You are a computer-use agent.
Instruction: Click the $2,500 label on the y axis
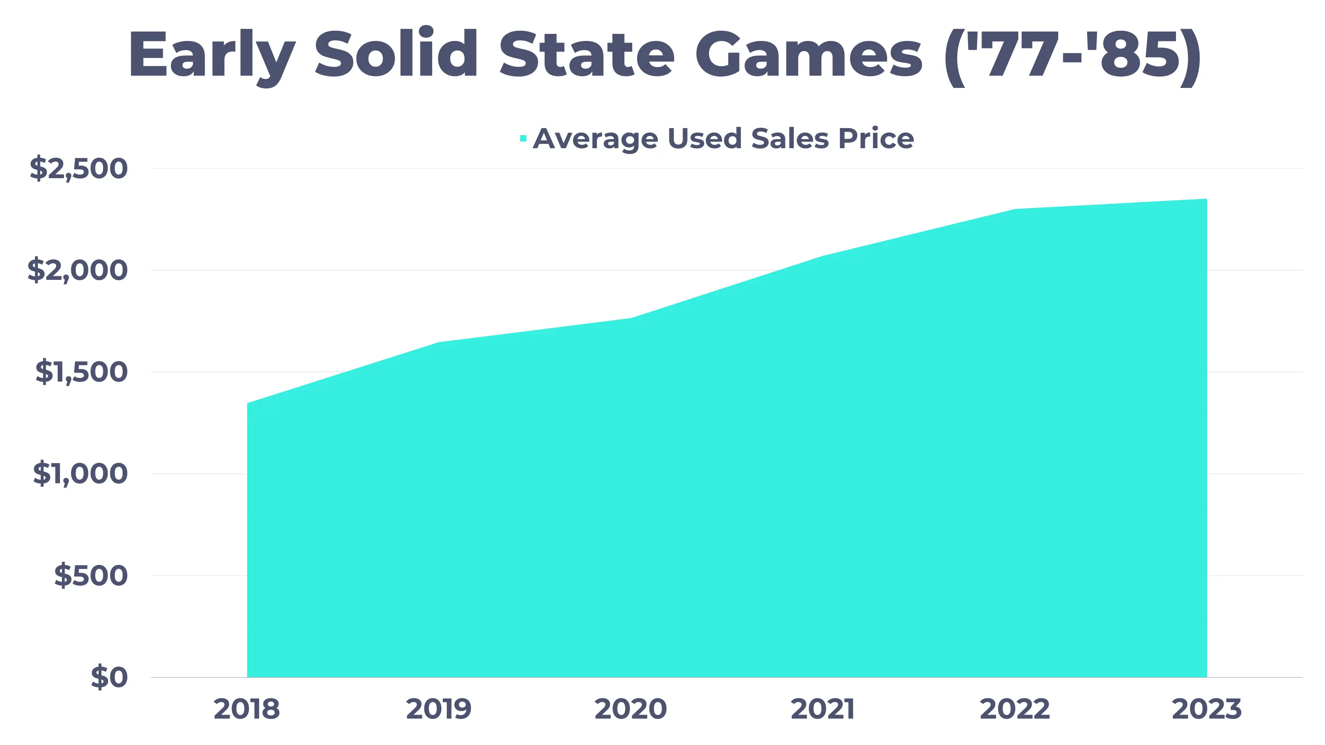[x=78, y=168]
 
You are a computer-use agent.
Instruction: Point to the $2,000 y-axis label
[x=77, y=270]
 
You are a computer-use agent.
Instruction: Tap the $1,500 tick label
[x=81, y=372]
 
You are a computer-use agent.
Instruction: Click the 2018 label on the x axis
[x=247, y=709]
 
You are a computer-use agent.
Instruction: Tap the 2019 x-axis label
[x=439, y=709]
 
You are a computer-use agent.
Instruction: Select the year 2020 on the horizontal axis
[x=631, y=709]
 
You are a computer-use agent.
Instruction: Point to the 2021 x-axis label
[x=823, y=709]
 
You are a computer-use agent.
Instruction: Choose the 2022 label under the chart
[x=1014, y=709]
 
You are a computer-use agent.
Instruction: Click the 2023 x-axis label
[x=1206, y=709]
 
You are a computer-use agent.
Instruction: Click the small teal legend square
[x=523, y=138]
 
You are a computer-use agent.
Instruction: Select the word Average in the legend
[x=595, y=138]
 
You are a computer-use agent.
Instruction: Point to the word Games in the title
[x=808, y=55]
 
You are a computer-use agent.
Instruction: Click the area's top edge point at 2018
[x=248, y=404]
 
